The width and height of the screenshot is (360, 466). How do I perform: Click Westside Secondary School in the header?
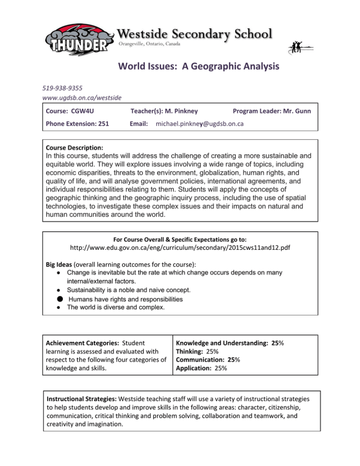coord(195,34)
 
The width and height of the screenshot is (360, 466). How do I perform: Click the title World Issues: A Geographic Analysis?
coord(198,67)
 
